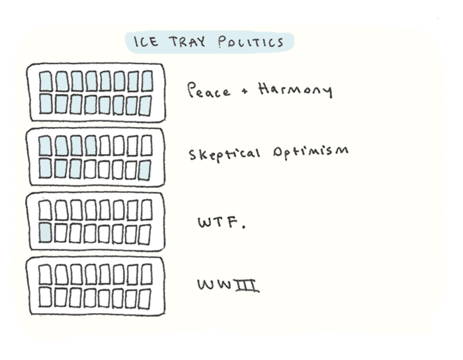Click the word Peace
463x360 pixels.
click(209, 90)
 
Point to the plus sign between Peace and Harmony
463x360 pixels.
click(243, 92)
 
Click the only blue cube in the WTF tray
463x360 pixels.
click(46, 232)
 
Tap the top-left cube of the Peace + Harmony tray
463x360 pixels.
click(45, 81)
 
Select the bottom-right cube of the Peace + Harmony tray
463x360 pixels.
click(146, 105)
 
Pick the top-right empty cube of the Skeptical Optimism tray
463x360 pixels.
click(146, 145)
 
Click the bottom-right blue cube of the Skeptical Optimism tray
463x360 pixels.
click(144, 170)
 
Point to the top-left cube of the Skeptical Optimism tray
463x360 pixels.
click(45, 145)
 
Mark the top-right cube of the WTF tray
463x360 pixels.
click(146, 210)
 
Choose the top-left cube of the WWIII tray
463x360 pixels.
click(45, 274)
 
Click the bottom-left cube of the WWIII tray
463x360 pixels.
click(45, 298)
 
